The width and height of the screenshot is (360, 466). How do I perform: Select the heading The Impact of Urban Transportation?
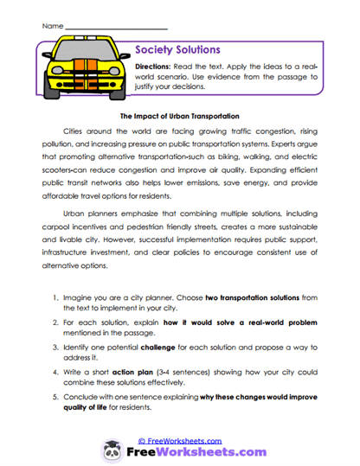177,115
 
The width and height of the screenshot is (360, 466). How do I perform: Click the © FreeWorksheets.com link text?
180,440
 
